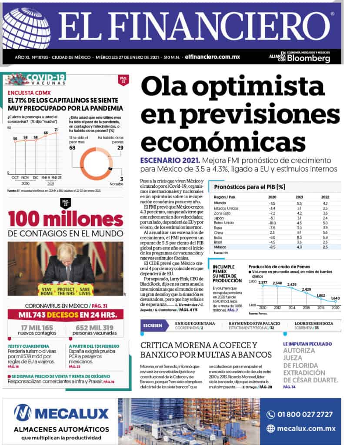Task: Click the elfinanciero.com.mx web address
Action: pyautogui.click(x=212, y=57)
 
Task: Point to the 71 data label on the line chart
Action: pyautogui.click(x=56, y=130)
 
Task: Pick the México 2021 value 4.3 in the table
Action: pyautogui.click(x=299, y=247)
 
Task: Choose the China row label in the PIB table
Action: pyautogui.click(x=219, y=232)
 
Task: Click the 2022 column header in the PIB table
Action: pyautogui.click(x=325, y=197)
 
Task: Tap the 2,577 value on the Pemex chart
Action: pyautogui.click(x=263, y=283)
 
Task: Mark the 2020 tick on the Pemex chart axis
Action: pyautogui.click(x=335, y=308)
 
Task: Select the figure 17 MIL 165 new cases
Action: pyautogui.click(x=37, y=328)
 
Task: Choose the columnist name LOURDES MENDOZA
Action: pyautogui.click(x=313, y=323)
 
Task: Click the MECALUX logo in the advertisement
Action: pyautogui.click(x=61, y=412)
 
